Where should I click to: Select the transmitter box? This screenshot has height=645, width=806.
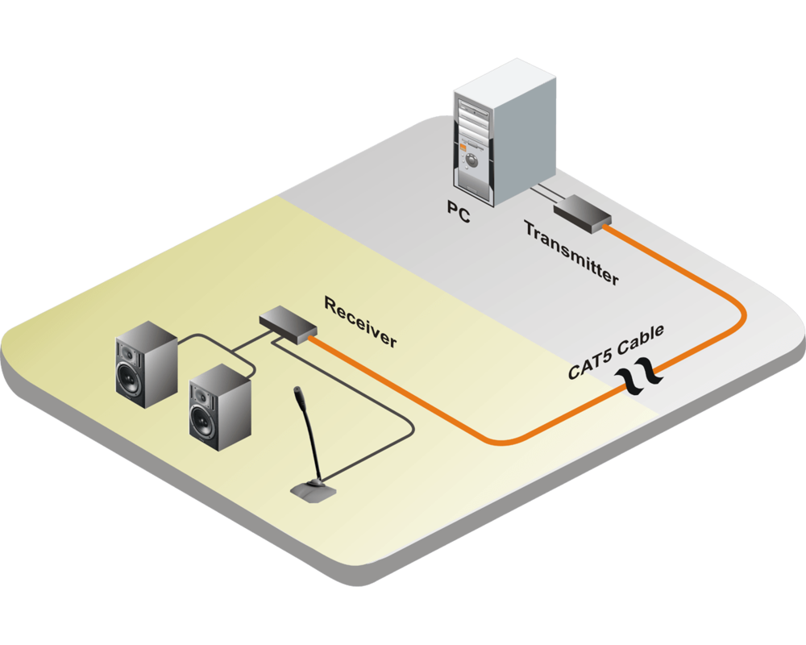click(581, 214)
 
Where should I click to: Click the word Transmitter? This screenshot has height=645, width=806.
click(571, 252)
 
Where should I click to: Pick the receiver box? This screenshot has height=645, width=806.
click(287, 325)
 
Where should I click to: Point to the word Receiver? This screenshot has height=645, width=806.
click(360, 321)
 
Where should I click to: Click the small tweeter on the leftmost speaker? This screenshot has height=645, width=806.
click(127, 353)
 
